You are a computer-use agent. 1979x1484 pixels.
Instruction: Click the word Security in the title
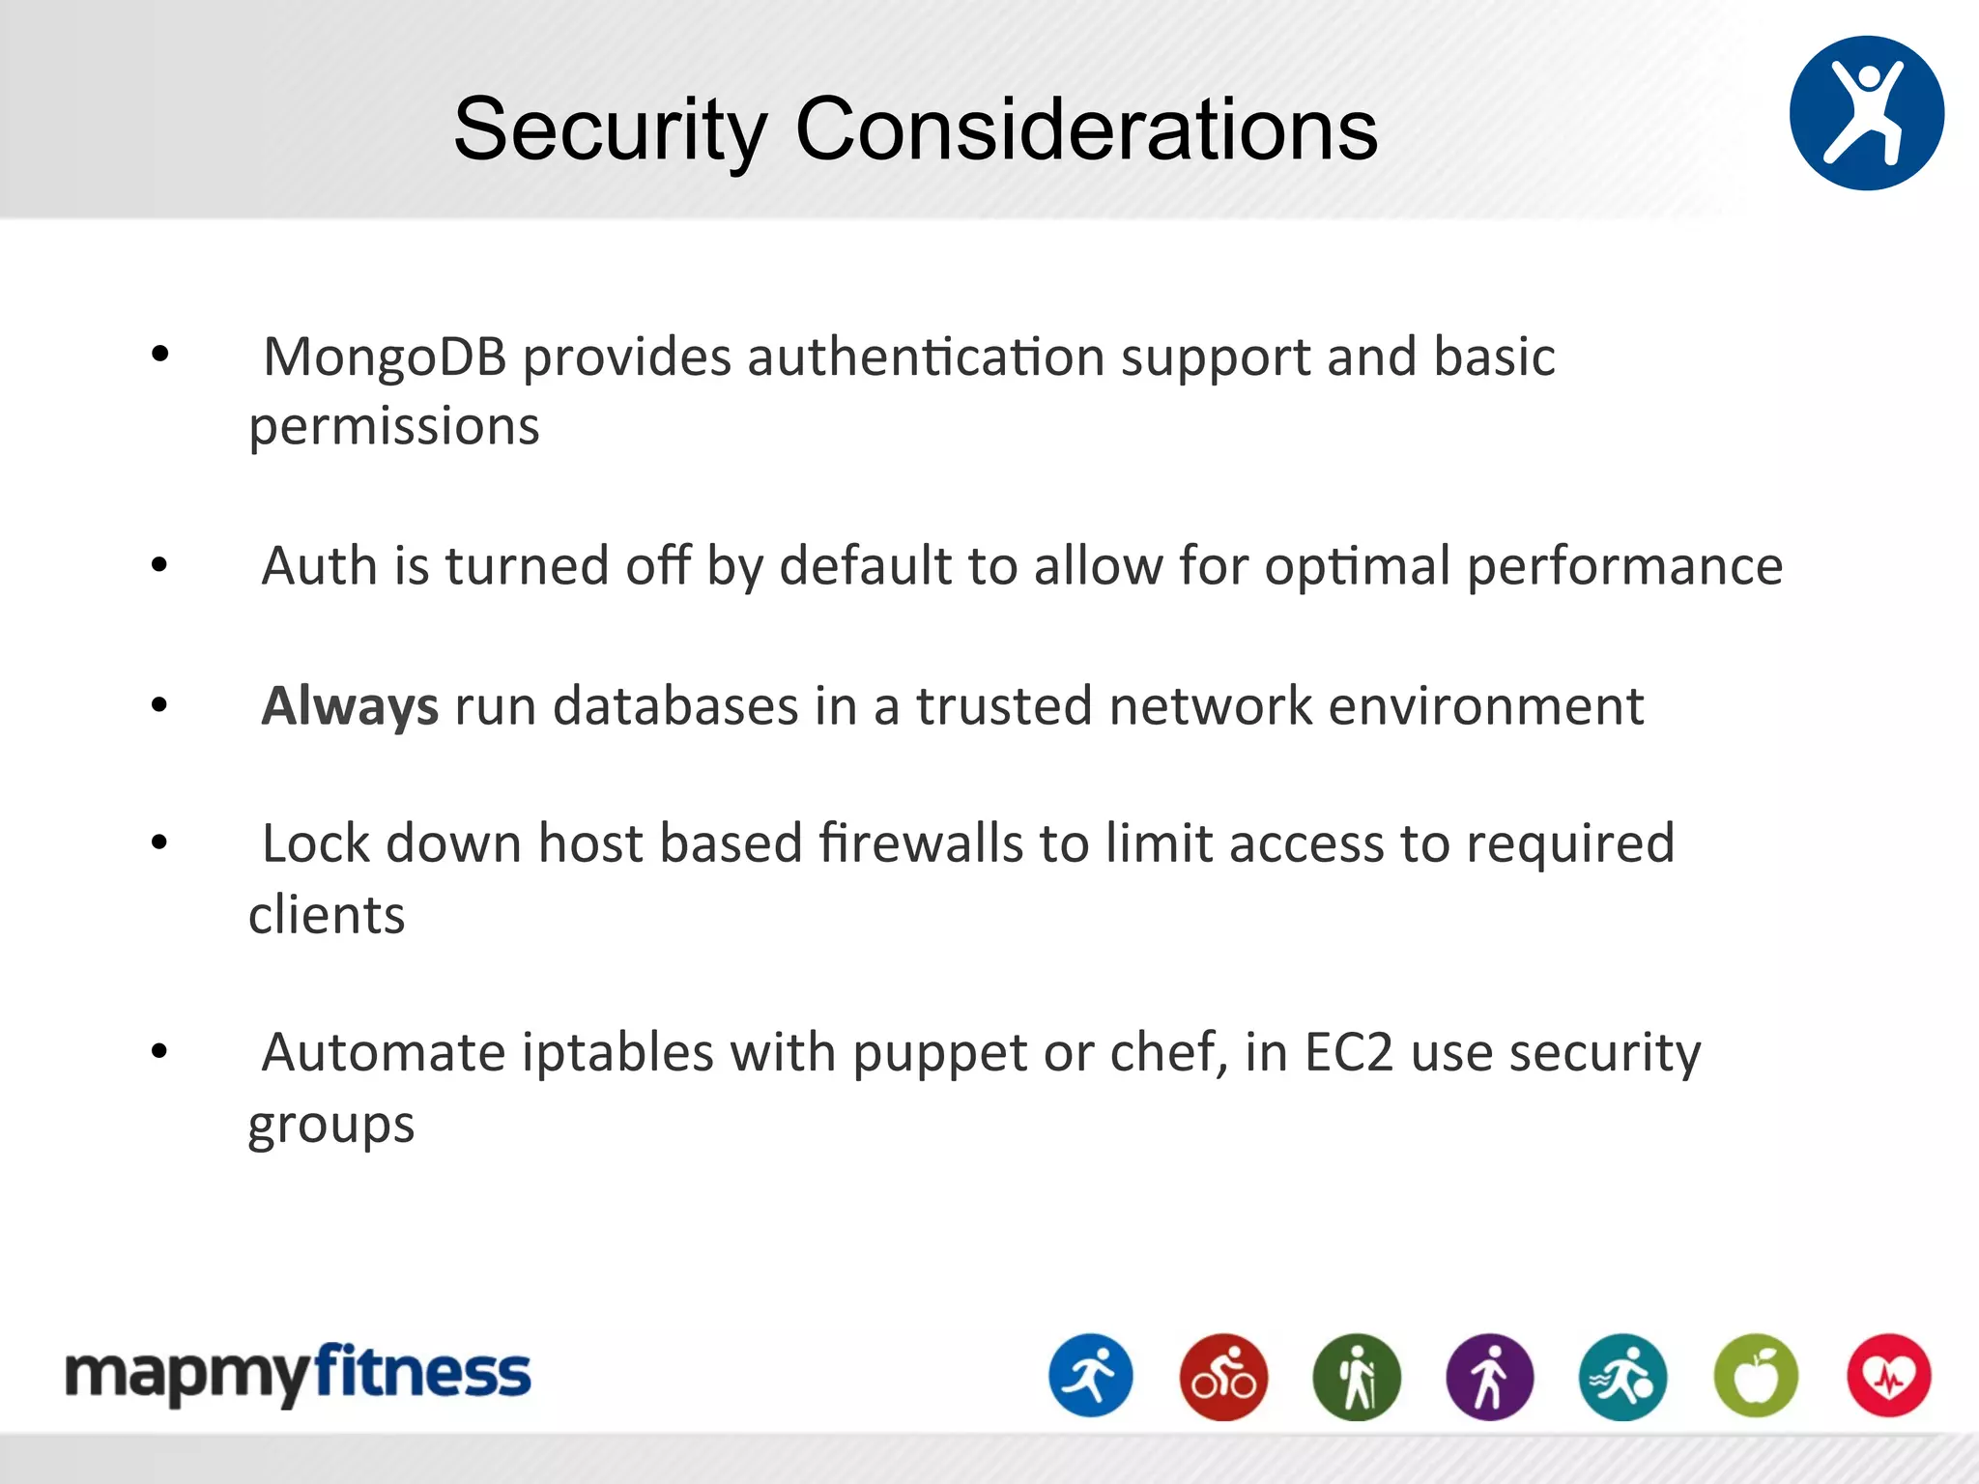click(611, 130)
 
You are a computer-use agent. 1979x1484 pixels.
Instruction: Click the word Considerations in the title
click(1086, 130)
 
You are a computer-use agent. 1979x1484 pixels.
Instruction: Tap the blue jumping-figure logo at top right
click(1866, 113)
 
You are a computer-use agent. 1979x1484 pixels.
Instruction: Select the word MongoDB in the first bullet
click(385, 357)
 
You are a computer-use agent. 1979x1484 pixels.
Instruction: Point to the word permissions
click(394, 427)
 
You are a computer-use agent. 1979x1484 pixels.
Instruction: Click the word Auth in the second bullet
click(319, 565)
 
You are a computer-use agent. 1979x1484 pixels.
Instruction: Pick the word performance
click(1624, 567)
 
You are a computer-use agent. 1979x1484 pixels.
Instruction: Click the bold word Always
click(351, 705)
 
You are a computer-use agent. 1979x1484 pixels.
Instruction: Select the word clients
click(327, 915)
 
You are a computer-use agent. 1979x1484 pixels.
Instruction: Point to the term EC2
click(1349, 1052)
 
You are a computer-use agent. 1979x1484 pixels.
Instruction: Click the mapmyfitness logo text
click(298, 1374)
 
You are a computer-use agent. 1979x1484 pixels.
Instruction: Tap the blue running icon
click(1091, 1376)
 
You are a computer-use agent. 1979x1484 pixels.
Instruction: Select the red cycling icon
click(1223, 1377)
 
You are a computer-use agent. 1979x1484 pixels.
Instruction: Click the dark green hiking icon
click(1357, 1377)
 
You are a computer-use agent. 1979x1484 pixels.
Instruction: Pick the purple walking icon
click(1489, 1377)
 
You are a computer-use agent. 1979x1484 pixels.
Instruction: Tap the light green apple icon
click(1756, 1377)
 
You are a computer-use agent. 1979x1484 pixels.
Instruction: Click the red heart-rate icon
click(1889, 1376)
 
